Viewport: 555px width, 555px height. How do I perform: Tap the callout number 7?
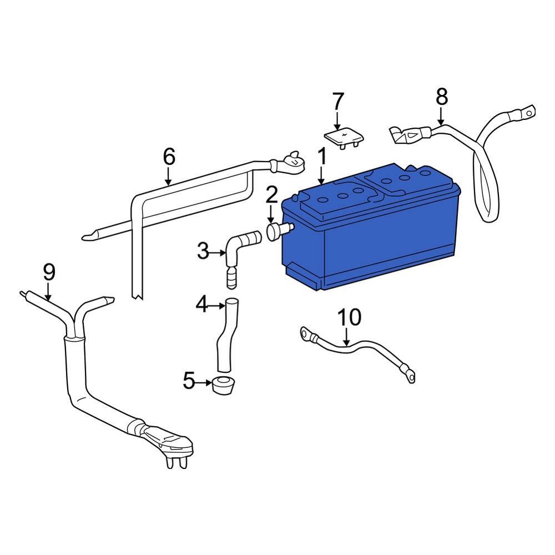click(338, 101)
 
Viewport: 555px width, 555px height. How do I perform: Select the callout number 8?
click(442, 97)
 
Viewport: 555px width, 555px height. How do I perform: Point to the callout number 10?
click(349, 317)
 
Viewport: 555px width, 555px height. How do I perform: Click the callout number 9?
click(49, 273)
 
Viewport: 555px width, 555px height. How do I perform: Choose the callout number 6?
click(169, 157)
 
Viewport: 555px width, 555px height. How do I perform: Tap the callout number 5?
click(189, 381)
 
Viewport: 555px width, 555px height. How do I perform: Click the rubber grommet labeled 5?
click(223, 386)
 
